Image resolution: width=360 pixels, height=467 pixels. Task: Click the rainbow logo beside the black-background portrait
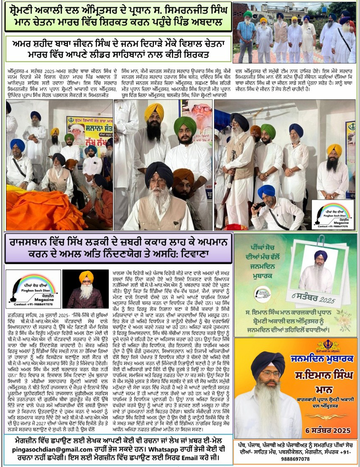pyautogui.click(x=33, y=289)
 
